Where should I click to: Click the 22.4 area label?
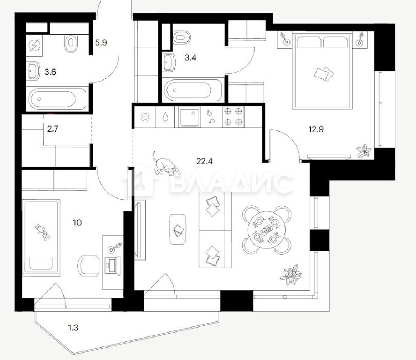pos(204,161)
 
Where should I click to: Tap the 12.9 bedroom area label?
pos(316,129)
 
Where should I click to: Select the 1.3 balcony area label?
pos(73,328)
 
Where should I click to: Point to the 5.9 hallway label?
pos(101,43)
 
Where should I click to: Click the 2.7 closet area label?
pos(52,129)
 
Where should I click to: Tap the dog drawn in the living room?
pos(166,165)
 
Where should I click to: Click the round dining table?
pos(266,230)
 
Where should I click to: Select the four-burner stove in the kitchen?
pos(233,116)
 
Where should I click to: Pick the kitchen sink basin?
pos(189,117)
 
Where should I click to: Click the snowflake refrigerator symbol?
pos(145,117)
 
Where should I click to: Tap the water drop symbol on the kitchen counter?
pos(165,117)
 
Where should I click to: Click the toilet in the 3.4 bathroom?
pos(182,37)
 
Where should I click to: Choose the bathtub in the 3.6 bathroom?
pos(57,99)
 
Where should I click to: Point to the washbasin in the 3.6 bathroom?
pos(33,71)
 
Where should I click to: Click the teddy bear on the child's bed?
pos(43,232)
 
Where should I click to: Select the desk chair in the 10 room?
pos(89,266)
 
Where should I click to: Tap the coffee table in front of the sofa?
pos(178,229)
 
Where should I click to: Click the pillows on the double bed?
pos(324,74)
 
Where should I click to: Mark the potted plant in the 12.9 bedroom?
pos(364,151)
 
